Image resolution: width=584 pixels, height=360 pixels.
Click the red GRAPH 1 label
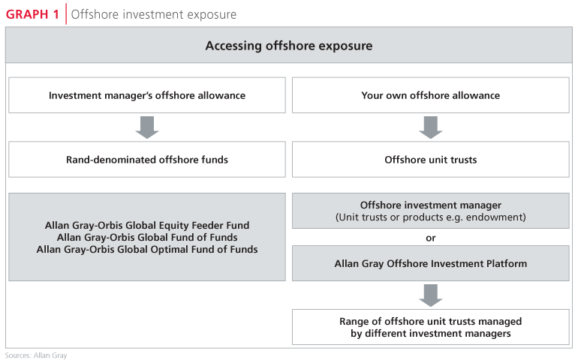coord(32,14)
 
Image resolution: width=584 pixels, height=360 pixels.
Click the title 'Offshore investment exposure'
coord(153,14)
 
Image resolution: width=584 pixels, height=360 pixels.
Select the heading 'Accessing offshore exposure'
coord(289,46)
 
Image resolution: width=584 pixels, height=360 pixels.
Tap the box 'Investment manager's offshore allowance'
coord(147,95)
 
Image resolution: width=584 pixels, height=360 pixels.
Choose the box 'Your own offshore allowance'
coord(431,95)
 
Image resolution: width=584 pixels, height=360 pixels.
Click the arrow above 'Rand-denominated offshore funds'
coord(147,127)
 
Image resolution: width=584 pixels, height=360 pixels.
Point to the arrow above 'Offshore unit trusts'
coord(431,127)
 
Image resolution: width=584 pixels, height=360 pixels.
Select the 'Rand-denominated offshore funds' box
coord(147,159)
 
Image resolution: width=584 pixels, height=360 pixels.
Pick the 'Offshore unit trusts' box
coord(431,159)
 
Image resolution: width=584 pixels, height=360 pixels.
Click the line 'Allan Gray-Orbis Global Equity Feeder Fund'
coord(147,225)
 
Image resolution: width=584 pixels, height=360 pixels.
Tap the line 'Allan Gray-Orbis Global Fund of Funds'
coord(147,237)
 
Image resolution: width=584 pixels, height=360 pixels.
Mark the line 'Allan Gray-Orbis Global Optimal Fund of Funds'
coord(147,249)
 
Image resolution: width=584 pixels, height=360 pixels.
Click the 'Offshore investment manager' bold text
coord(431,205)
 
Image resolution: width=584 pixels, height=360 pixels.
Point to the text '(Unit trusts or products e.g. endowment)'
coord(431,217)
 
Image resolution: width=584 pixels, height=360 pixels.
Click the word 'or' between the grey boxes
coord(431,238)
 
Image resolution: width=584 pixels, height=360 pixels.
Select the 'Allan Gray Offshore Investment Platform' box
coord(431,263)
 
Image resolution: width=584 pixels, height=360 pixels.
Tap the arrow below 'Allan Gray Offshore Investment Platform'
coord(431,295)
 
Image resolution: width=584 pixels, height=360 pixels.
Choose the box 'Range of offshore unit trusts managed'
coord(431,327)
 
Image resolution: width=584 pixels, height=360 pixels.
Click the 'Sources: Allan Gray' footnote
coord(36,355)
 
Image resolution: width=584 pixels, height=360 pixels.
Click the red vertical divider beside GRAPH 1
coord(66,14)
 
